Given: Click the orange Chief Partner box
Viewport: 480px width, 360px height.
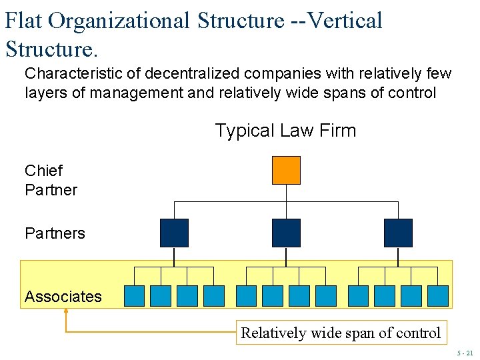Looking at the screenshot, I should click(286, 170).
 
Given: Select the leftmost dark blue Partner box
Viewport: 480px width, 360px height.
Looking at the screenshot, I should click(174, 233).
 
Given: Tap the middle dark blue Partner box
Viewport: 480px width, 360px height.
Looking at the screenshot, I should click(286, 233).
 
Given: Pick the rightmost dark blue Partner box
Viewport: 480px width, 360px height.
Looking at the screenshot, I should click(398, 233).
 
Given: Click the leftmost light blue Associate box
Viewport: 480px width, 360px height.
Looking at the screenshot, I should click(135, 295).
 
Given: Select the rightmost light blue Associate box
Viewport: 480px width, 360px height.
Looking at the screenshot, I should click(437, 295).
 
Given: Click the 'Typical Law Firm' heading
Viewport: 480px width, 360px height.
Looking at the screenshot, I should click(285, 131).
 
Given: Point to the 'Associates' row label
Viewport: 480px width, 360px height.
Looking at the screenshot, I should click(63, 297).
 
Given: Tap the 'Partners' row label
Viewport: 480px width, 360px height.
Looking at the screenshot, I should click(55, 233).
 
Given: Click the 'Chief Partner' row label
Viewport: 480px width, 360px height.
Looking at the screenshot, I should click(51, 180).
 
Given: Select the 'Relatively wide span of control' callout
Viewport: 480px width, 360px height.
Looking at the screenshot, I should click(341, 333).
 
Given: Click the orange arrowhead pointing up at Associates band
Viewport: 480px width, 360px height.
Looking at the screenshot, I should click(66, 311).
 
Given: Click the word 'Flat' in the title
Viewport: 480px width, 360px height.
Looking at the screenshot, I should click(24, 21).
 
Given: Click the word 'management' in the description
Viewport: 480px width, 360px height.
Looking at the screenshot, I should click(137, 93).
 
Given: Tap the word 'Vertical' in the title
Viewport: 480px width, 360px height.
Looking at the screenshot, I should click(345, 21).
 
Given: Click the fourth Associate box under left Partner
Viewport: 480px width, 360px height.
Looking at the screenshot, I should click(213, 295).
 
